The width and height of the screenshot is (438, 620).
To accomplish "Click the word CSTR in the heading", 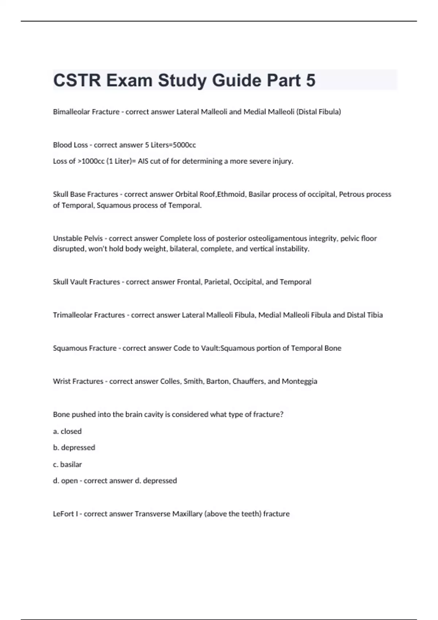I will pos(77,81).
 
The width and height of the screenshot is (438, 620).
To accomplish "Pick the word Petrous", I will pos(352,194).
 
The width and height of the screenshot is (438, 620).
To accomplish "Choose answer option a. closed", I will pos(68,431).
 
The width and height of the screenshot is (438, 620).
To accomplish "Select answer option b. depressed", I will pos(74,447).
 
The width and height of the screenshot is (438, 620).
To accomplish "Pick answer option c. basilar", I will pos(68,465).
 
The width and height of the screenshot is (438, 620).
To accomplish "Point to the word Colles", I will pos(170,381).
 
